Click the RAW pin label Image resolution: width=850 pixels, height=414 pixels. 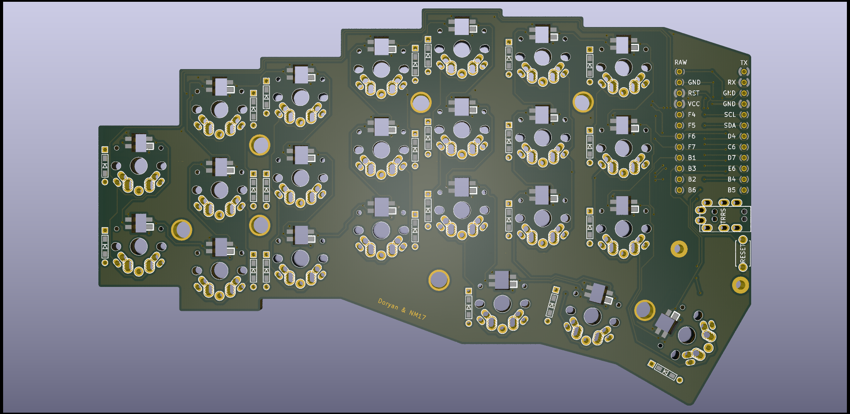680,62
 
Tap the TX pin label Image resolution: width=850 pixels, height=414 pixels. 744,63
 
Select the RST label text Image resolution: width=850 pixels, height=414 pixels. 694,93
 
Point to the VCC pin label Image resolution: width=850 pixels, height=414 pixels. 694,104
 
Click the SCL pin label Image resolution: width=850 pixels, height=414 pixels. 730,115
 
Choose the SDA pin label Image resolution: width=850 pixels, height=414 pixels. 730,125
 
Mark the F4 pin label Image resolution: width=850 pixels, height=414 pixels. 692,115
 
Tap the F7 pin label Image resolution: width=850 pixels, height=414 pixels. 692,147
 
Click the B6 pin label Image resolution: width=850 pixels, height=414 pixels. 692,190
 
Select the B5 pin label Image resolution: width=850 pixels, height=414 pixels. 732,190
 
